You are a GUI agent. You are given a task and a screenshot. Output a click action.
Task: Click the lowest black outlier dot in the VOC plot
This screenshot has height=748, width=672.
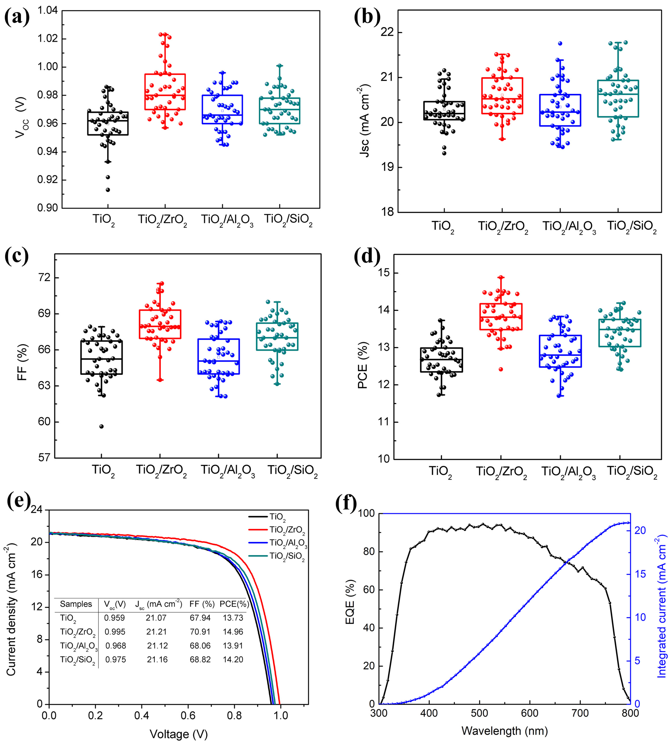[108, 190]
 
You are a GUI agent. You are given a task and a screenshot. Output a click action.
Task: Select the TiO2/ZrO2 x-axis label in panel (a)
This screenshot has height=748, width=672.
[163, 220]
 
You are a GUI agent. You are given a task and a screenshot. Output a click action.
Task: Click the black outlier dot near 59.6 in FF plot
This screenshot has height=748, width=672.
[101, 426]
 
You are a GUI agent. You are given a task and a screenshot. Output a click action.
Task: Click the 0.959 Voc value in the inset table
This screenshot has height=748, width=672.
[114, 618]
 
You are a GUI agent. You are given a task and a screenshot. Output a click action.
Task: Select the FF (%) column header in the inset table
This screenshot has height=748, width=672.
[202, 604]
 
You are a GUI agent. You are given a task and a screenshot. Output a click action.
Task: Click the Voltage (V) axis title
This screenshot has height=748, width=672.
[179, 734]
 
